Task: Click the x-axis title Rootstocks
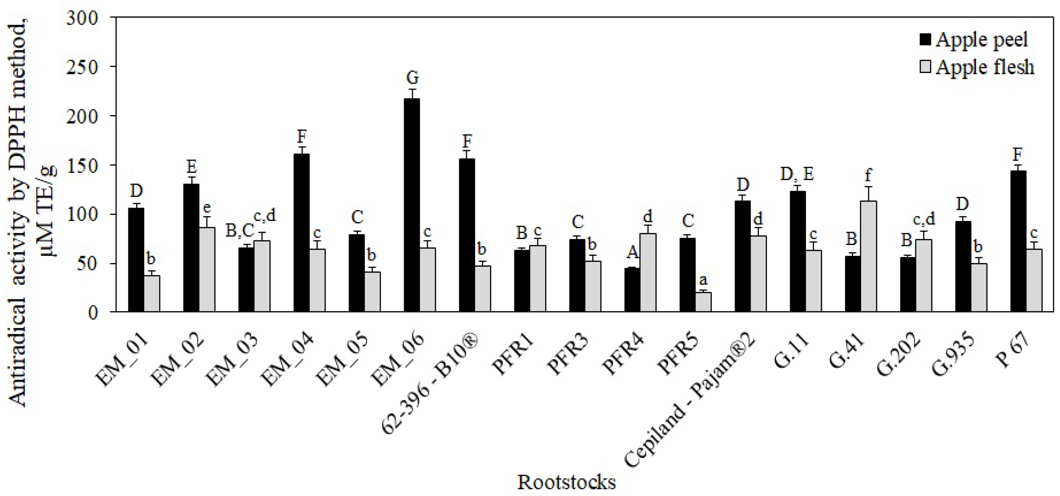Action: click(x=566, y=482)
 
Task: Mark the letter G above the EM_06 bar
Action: click(x=412, y=77)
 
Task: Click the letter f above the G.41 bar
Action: click(x=868, y=176)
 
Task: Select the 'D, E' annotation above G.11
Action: click(x=796, y=174)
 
